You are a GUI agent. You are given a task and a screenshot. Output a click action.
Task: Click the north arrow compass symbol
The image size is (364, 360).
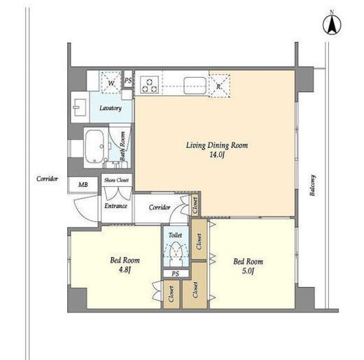tap(332, 24)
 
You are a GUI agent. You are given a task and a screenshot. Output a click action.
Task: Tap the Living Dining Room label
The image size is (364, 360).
tap(217, 145)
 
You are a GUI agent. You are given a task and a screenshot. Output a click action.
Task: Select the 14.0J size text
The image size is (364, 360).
tap(217, 155)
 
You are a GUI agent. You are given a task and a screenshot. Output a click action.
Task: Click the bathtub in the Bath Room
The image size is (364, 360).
tap(94, 146)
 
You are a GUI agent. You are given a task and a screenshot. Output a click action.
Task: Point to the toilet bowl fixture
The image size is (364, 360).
tap(176, 253)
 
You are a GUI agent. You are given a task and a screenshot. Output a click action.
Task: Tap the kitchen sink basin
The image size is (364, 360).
tap(195, 85)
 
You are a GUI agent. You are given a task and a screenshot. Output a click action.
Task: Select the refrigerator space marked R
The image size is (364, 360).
tap(219, 85)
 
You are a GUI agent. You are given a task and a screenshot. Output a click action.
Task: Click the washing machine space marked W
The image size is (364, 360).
tap(111, 83)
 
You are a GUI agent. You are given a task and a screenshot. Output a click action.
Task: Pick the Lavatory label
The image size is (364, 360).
tap(111, 108)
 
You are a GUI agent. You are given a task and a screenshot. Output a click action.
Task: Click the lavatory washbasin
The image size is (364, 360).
tap(80, 107)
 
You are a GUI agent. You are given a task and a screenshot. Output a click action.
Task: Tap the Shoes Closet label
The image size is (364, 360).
tap(116, 180)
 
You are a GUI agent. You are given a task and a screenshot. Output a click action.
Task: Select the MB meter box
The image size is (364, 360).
tap(83, 184)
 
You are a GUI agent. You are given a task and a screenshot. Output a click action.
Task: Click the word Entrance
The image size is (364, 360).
tap(115, 206)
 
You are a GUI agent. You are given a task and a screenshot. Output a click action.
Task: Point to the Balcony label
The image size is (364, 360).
tap(312, 186)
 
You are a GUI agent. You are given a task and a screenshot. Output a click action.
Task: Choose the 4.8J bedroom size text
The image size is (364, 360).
tap(125, 270)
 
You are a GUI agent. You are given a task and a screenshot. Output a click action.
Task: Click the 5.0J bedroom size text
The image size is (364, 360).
tap(248, 271)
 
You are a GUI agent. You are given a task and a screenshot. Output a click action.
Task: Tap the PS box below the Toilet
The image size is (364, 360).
tap(176, 273)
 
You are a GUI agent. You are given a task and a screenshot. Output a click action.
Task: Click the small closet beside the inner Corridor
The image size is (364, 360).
tap(195, 205)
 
